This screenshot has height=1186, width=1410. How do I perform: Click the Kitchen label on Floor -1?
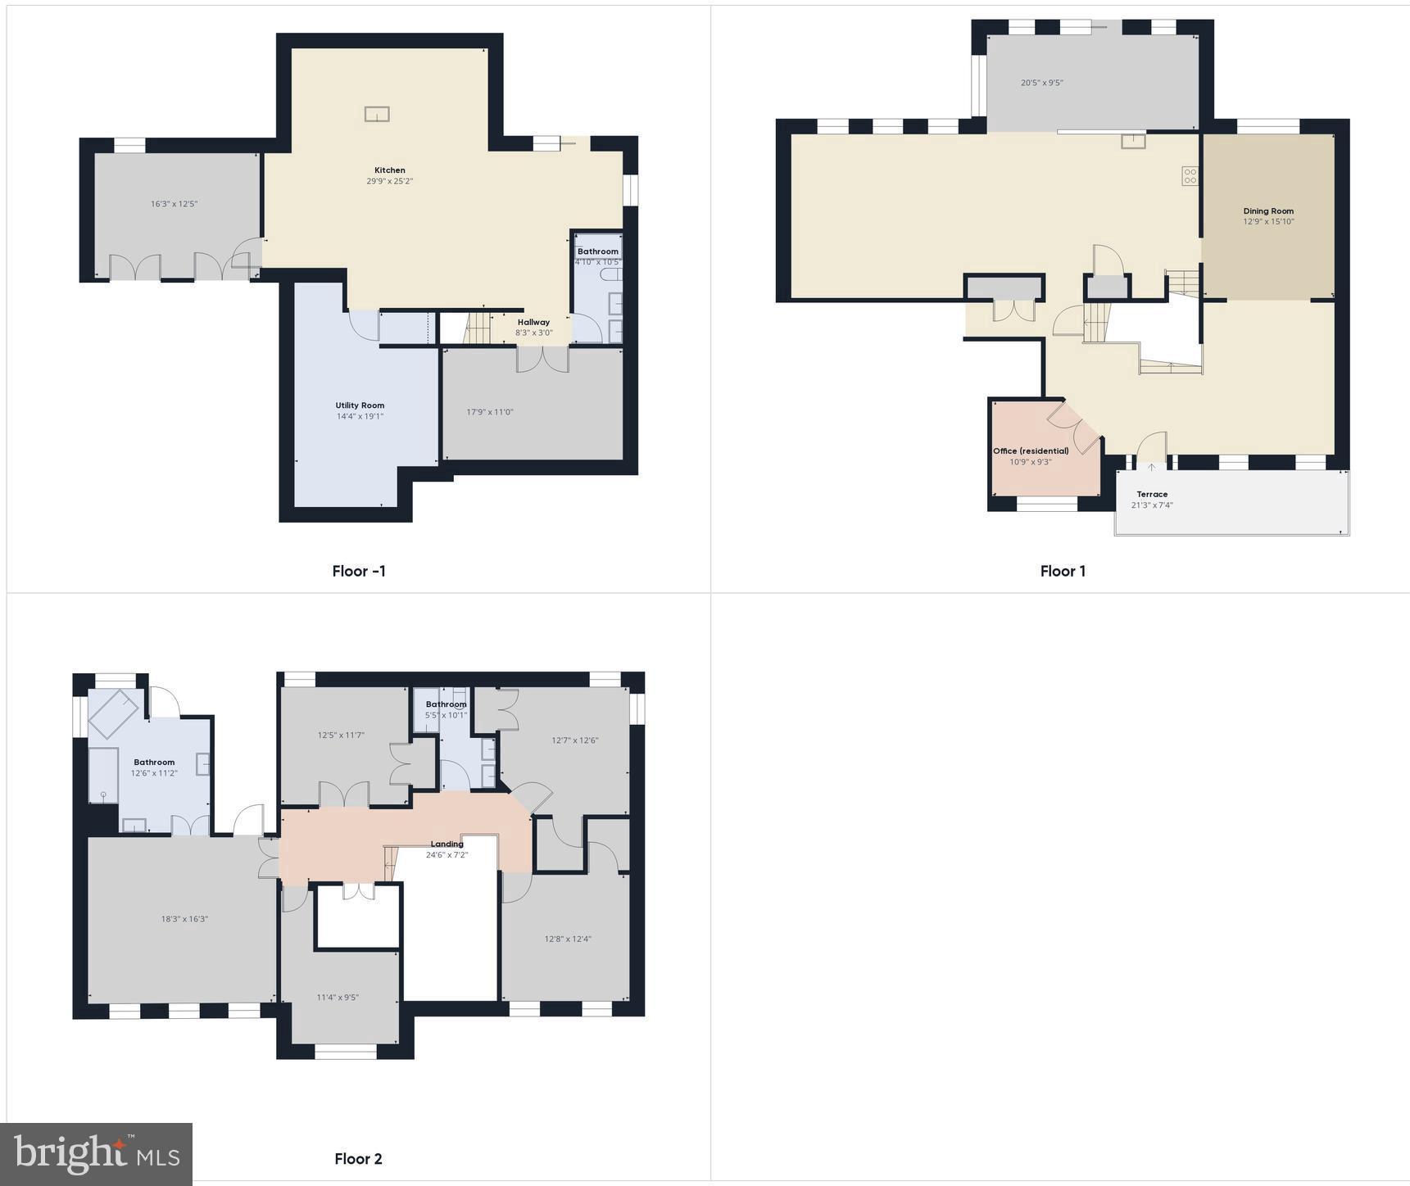click(x=390, y=170)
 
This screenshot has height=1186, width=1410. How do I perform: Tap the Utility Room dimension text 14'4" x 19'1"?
click(x=360, y=416)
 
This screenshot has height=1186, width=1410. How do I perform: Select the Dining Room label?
click(x=1268, y=211)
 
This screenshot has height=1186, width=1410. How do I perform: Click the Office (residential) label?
click(x=1031, y=451)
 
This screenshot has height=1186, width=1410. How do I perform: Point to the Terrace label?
click(x=1152, y=494)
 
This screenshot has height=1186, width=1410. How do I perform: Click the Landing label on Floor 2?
click(x=447, y=844)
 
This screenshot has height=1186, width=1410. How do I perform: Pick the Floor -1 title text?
click(x=359, y=571)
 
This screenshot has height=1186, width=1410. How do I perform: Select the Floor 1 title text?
click(x=1063, y=571)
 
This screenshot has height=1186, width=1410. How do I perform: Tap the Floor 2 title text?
click(x=358, y=1158)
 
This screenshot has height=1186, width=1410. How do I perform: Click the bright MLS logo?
click(x=97, y=1154)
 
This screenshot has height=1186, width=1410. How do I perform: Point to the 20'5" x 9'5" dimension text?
click(x=1042, y=83)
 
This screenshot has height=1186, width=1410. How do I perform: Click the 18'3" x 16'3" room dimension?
click(x=184, y=919)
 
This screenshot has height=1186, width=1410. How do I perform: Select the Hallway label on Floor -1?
click(x=533, y=322)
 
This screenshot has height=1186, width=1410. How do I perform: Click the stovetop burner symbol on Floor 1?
click(x=1190, y=175)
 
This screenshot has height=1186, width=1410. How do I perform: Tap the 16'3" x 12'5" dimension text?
click(x=174, y=204)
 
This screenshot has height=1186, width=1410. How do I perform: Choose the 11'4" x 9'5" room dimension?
click(x=338, y=997)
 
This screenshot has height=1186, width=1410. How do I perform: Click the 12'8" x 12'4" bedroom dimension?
click(x=568, y=939)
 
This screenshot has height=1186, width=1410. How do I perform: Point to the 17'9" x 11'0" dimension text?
click(x=490, y=412)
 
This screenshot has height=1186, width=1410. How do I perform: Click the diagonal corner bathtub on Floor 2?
click(x=113, y=713)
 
